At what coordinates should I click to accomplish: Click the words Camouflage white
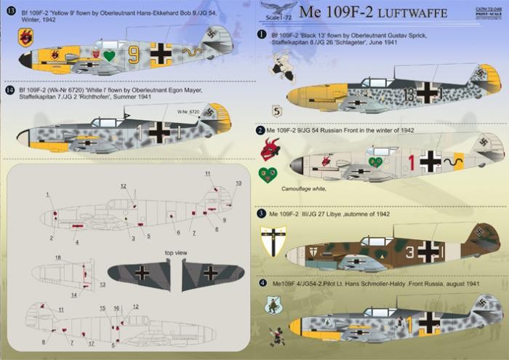(298, 189)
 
